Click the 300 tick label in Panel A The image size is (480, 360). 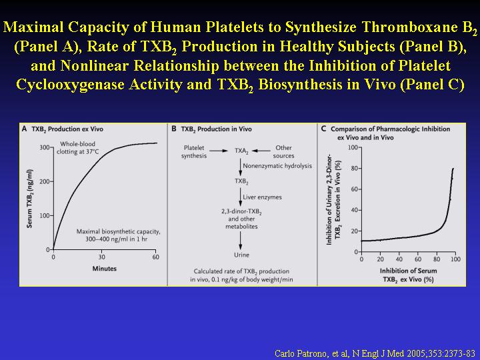(x=45, y=147)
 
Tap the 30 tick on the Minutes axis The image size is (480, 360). (x=101, y=257)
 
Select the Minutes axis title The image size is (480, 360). (x=105, y=269)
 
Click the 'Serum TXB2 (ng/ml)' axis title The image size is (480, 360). (x=30, y=199)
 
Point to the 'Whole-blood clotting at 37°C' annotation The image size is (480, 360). (x=78, y=147)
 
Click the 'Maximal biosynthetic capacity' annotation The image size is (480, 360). (x=119, y=235)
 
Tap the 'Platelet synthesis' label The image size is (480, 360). (x=194, y=151)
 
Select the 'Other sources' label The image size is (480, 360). (x=283, y=151)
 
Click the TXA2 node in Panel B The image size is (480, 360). (x=241, y=151)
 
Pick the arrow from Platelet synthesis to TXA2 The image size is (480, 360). (x=219, y=151)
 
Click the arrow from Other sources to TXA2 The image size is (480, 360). (x=261, y=151)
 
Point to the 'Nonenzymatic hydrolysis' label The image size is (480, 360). (x=277, y=166)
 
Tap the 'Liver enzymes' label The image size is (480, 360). (x=263, y=197)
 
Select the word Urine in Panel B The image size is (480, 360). (x=241, y=255)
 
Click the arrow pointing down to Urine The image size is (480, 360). (x=240, y=240)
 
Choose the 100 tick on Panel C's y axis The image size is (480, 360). (x=353, y=147)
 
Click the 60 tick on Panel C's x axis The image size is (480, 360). (x=418, y=259)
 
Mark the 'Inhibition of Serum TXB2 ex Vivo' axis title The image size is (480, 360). (x=408, y=275)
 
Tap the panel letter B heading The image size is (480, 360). (x=173, y=129)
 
